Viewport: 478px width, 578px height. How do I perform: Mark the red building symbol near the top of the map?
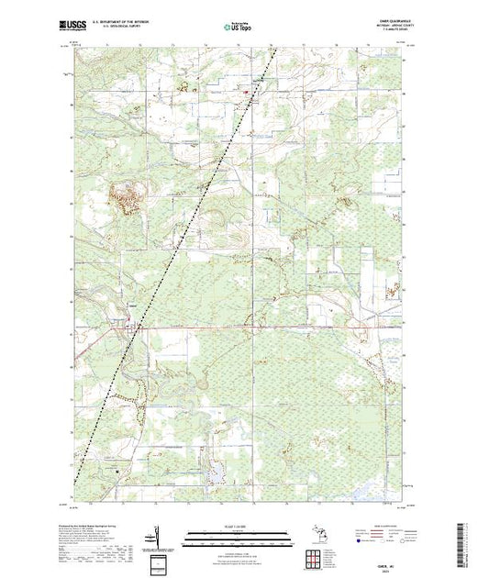click(x=245, y=90)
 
